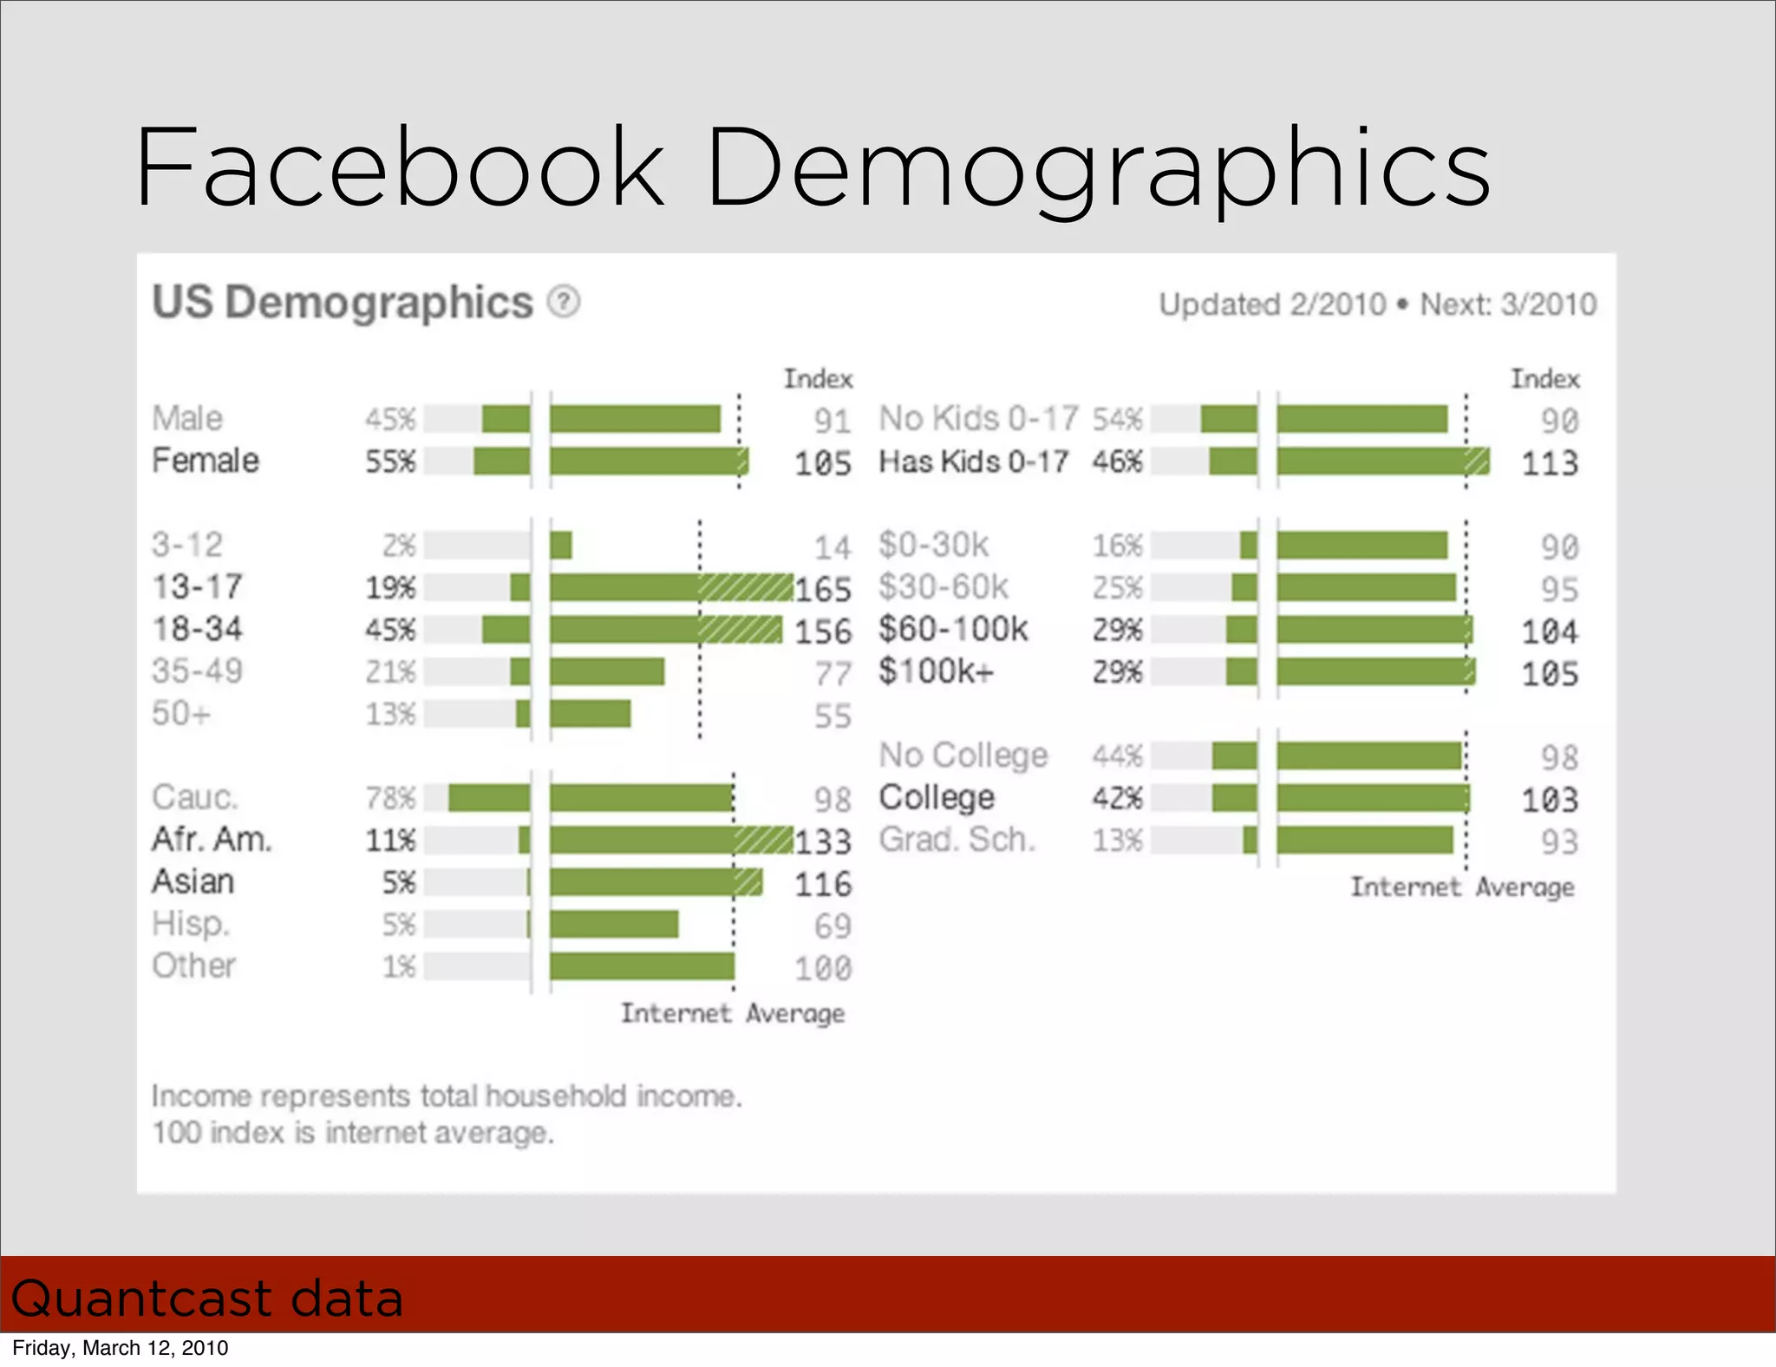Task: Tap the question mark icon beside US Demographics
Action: point(564,303)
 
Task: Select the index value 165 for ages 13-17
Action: point(823,590)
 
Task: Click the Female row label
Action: point(206,461)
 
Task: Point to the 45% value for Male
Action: point(390,419)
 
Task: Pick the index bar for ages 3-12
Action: point(561,546)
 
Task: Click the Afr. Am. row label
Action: point(212,840)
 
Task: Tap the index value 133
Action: point(823,841)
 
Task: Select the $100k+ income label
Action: point(936,671)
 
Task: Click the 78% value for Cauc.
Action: point(390,798)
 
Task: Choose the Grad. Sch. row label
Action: point(957,840)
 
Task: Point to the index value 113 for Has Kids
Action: point(1550,463)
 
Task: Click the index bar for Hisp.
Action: point(614,925)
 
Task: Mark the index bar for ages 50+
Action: point(590,714)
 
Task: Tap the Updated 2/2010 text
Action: point(1272,305)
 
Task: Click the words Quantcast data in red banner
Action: point(207,1298)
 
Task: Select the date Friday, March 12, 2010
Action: point(121,1348)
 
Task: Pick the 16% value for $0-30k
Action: point(1117,546)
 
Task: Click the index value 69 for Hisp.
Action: point(832,926)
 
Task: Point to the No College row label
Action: point(963,755)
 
